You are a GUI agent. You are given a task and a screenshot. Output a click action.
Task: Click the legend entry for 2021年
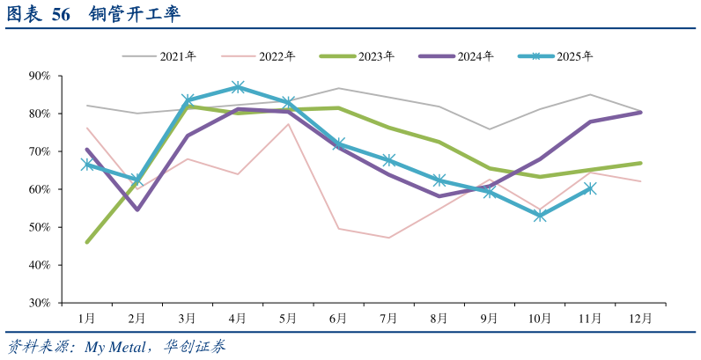tap(159, 56)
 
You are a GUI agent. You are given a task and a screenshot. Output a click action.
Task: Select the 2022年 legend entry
tap(258, 56)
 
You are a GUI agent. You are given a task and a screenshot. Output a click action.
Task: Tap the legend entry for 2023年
tap(358, 56)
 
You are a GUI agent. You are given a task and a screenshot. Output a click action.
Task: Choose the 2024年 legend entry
tap(456, 56)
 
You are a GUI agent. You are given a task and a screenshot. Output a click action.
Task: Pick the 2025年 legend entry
tap(556, 56)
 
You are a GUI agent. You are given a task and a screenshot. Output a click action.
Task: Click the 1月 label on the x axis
tap(86, 318)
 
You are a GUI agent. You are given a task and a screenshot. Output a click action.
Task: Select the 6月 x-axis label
tap(338, 318)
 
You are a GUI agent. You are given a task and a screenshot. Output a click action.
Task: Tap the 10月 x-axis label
tap(540, 318)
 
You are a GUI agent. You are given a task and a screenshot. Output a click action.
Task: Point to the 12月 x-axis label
tap(640, 318)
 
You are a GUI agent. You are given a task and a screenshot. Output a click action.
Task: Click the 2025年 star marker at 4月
tap(238, 87)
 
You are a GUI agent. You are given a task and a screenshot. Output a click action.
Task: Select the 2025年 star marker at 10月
tap(540, 216)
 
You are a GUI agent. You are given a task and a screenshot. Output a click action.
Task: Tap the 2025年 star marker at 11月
tap(591, 189)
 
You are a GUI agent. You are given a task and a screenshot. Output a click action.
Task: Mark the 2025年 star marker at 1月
tap(86, 165)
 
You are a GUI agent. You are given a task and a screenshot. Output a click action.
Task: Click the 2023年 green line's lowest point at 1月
tap(86, 242)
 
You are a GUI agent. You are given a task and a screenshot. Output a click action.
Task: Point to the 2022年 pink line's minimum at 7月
tap(389, 238)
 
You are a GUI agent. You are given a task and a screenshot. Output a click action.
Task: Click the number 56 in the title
tap(61, 14)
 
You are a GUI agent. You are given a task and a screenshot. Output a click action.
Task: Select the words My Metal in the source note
tap(115, 347)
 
